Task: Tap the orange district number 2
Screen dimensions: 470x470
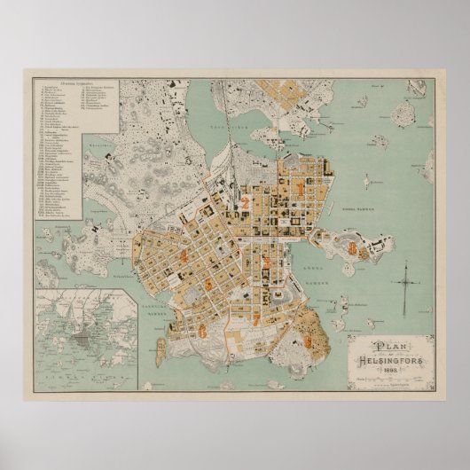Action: [244, 201]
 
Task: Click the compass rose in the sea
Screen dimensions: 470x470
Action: [405, 287]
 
